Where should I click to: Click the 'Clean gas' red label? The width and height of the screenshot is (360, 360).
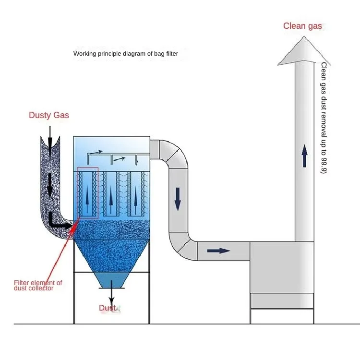point(302,26)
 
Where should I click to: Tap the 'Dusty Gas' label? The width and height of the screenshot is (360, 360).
point(49,115)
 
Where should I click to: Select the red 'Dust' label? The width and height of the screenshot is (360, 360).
point(108,308)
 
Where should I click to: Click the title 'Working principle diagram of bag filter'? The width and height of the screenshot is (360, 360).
point(126,54)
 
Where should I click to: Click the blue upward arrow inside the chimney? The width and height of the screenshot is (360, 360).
point(304,156)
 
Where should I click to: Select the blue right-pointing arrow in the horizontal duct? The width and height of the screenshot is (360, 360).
point(218,251)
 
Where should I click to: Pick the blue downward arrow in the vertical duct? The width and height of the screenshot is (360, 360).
point(178,199)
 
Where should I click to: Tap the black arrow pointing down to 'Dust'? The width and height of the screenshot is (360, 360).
point(111,294)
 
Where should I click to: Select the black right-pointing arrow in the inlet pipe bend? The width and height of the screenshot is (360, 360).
point(62,224)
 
